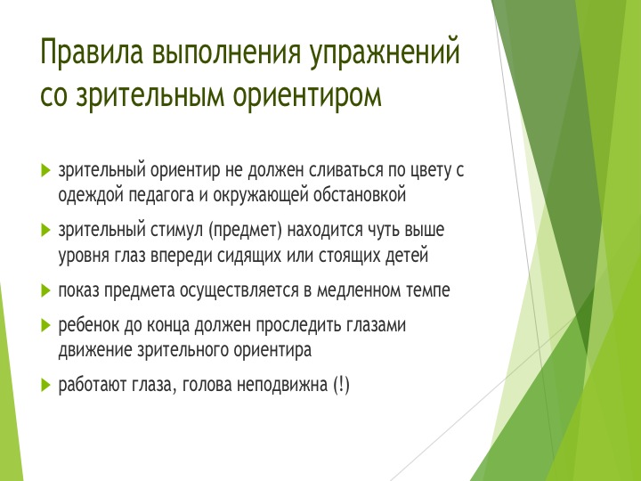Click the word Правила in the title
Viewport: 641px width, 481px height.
[92, 52]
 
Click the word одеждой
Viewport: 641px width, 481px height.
[91, 195]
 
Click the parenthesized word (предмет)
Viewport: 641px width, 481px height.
[246, 231]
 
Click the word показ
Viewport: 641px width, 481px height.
[79, 291]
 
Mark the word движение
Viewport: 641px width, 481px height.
[95, 351]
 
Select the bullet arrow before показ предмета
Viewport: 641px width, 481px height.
[45, 291]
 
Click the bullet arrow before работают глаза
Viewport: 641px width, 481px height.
[45, 386]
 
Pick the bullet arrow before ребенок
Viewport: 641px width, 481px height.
[45, 326]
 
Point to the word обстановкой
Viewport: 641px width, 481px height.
[360, 195]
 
